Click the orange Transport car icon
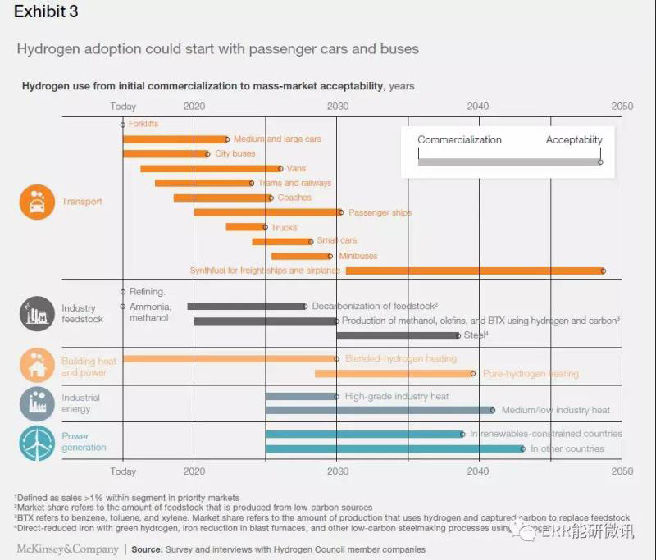37,202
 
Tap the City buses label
235,153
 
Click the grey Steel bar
397,335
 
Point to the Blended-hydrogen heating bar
230,358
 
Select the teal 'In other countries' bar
394,448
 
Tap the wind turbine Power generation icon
37,442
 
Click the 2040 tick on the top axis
477,107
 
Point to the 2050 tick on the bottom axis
622,472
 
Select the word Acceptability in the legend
574,140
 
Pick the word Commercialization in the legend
459,140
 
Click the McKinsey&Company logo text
66,549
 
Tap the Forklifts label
143,124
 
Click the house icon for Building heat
37,367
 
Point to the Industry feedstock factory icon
37,312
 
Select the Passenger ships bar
267,212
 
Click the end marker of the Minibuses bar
330,256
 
